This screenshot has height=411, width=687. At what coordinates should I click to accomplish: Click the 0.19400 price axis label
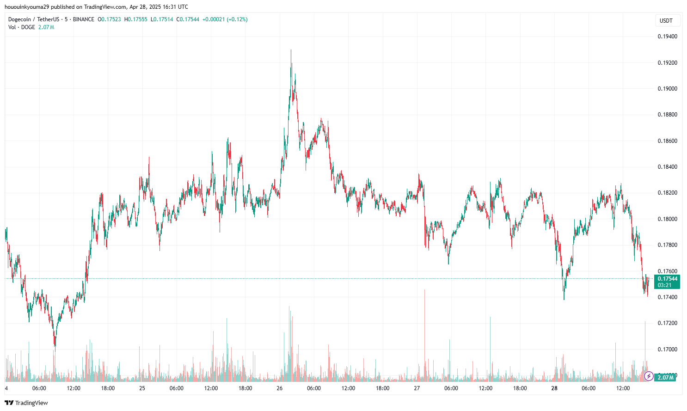pos(667,37)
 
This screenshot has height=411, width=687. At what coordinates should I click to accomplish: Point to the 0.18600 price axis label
pos(667,141)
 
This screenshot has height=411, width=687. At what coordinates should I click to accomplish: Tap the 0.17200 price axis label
pos(667,323)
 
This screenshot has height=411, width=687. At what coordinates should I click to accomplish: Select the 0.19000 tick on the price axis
pos(667,89)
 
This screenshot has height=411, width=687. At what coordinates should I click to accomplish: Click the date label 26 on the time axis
pos(279,388)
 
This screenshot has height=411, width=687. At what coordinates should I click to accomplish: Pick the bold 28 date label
pos(554,388)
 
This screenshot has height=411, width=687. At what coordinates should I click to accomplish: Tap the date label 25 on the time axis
pos(142,388)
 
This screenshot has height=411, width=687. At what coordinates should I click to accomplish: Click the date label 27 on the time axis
pos(417,388)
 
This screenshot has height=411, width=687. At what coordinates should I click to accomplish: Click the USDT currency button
pos(666,20)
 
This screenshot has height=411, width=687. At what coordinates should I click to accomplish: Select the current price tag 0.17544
pos(668,279)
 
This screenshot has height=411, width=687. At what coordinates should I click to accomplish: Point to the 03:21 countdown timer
pos(664,285)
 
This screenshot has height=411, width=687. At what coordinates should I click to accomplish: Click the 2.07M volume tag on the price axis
pos(665,378)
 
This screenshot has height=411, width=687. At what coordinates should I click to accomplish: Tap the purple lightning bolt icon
pos(649,376)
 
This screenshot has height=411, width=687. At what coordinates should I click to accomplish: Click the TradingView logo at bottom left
pos(26,403)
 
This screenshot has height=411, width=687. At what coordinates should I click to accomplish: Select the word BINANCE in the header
pos(84,19)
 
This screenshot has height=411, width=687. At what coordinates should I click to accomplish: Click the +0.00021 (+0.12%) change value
pos(225,19)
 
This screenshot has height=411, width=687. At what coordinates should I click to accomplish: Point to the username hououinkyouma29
pos(27,7)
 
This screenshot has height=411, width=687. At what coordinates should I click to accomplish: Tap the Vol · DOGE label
pos(22,27)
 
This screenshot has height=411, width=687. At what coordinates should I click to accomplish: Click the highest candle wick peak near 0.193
pos(291,50)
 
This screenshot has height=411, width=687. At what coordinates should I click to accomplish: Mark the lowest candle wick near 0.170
pos(55,347)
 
